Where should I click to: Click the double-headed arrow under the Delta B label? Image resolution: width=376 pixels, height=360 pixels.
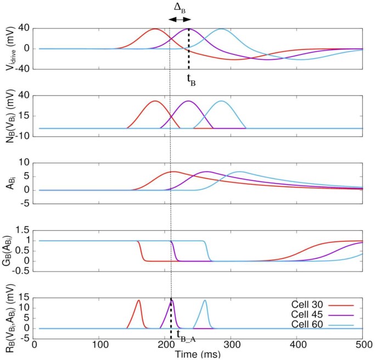pyautogui.click(x=179, y=19)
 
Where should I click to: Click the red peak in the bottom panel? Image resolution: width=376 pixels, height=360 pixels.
pyautogui.click(x=139, y=301)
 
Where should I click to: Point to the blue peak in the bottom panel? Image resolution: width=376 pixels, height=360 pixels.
pyautogui.click(x=205, y=301)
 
